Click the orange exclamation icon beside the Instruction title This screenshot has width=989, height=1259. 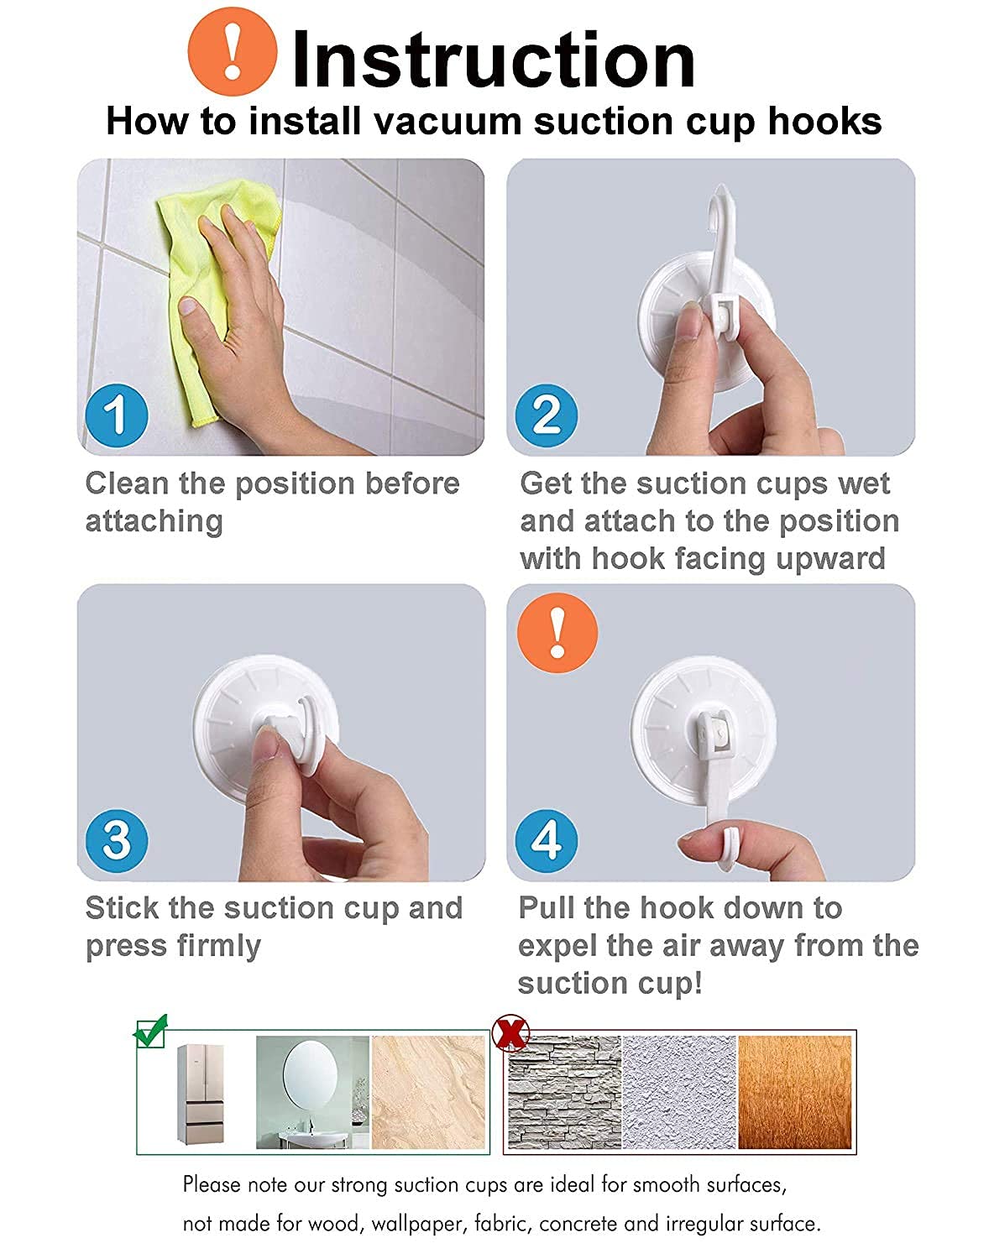pyautogui.click(x=233, y=51)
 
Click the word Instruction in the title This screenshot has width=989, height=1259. pyautogui.click(x=494, y=60)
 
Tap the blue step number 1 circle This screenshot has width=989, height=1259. pyautogui.click(x=117, y=415)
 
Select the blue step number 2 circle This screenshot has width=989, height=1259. pyautogui.click(x=547, y=415)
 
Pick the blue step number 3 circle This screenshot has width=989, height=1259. pyautogui.click(x=117, y=840)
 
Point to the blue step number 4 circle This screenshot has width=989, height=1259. pyautogui.click(x=547, y=840)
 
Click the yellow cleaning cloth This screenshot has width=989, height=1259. pyautogui.click(x=214, y=290)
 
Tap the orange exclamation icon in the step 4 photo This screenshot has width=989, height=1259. pyautogui.click(x=557, y=632)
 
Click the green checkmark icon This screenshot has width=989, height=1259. pyautogui.click(x=150, y=1032)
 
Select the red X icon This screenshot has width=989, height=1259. pyautogui.click(x=510, y=1033)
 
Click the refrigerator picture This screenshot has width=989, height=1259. pyautogui.click(x=201, y=1094)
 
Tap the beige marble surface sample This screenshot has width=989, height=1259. pyautogui.click(x=429, y=1092)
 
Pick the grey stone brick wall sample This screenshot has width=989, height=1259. pyautogui.click(x=564, y=1092)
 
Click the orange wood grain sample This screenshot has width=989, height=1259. pyautogui.click(x=795, y=1092)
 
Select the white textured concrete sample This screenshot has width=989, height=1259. pyautogui.click(x=679, y=1092)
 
